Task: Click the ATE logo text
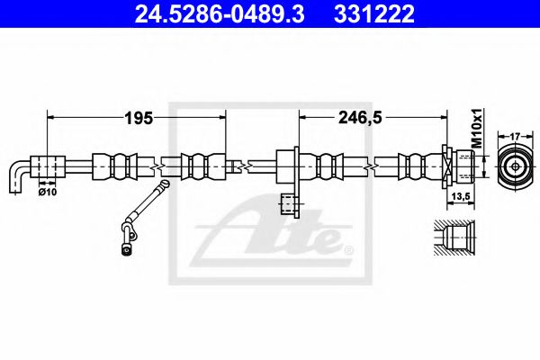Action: pos(270,236)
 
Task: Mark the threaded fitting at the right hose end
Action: pos(458,166)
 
